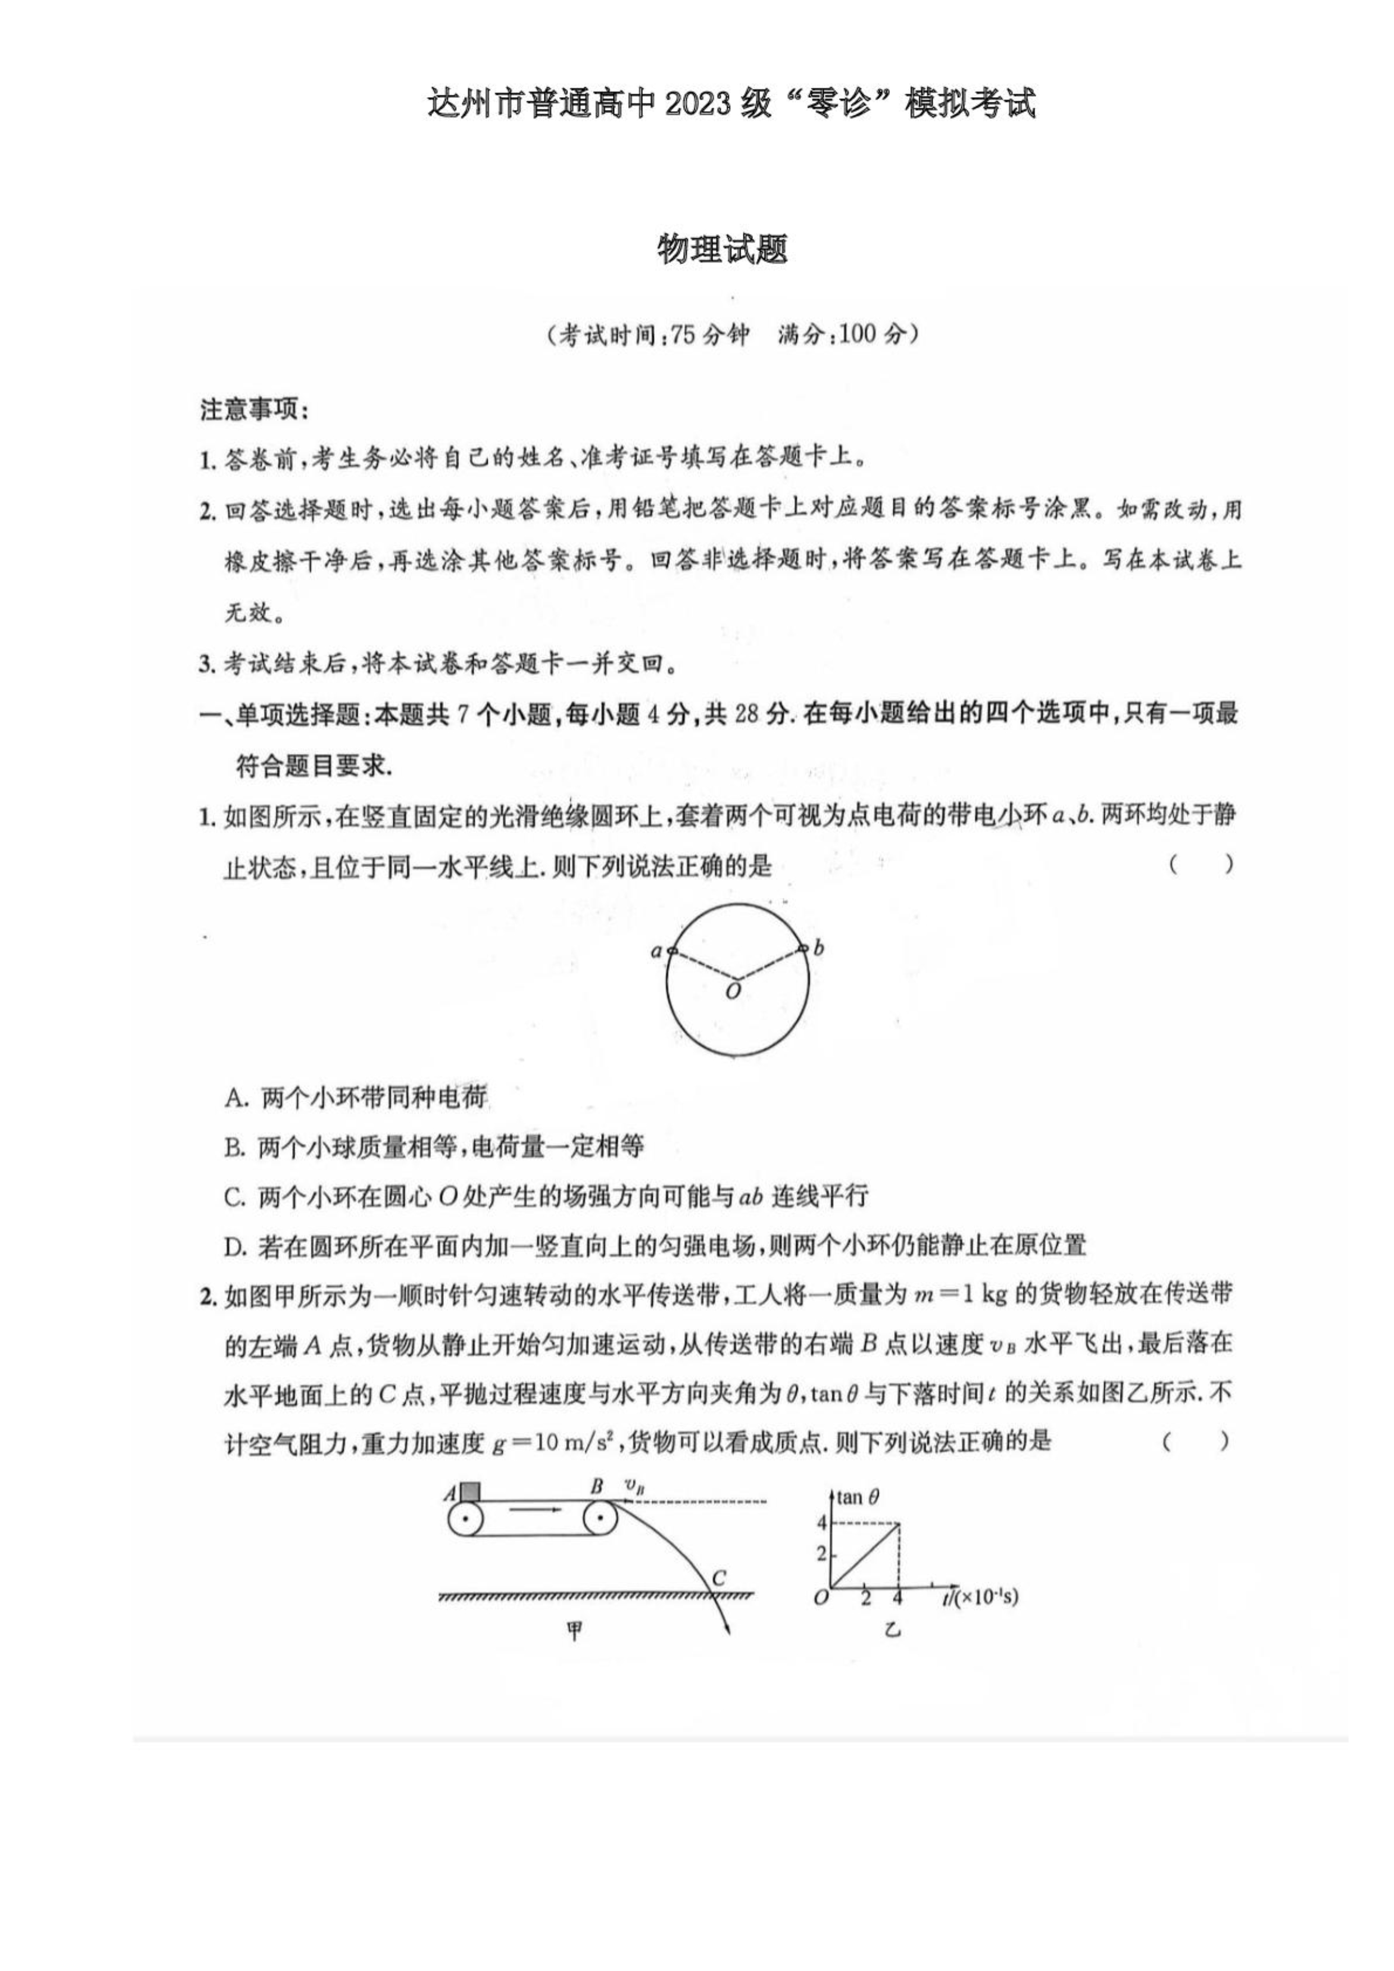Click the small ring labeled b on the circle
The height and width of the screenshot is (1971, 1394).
[802, 948]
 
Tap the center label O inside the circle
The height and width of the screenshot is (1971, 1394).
[733, 992]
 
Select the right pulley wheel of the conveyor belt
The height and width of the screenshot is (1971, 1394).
[600, 1520]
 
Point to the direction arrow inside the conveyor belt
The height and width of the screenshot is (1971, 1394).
[532, 1509]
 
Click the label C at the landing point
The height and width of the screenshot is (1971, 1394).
[719, 1577]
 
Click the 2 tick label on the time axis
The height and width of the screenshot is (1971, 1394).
[865, 1598]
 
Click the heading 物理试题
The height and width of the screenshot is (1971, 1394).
[722, 250]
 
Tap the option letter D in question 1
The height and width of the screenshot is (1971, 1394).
[236, 1246]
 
